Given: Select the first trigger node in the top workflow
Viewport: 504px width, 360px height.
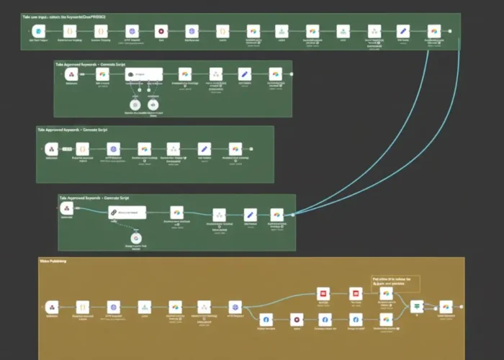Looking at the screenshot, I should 40,32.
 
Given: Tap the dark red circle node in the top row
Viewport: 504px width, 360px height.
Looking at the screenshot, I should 161,32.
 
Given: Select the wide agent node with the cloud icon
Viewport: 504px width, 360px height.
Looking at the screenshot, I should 142,74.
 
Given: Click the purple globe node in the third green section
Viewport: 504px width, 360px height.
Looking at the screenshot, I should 112,148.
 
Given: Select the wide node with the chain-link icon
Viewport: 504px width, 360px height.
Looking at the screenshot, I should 127,212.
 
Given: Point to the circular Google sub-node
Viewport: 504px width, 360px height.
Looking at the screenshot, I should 135,238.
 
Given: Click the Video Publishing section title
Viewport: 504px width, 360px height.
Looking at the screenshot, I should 53,261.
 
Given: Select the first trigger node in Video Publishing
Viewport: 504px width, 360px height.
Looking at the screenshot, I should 50,307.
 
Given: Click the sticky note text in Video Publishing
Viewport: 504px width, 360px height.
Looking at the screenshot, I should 394,281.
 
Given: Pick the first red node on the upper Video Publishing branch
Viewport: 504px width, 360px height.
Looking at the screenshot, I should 324,294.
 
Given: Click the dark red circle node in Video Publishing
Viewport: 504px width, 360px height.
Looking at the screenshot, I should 295,318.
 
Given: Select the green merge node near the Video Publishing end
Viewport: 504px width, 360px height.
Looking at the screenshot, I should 416,306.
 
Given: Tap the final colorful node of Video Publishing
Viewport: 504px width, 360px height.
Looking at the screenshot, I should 446,306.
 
